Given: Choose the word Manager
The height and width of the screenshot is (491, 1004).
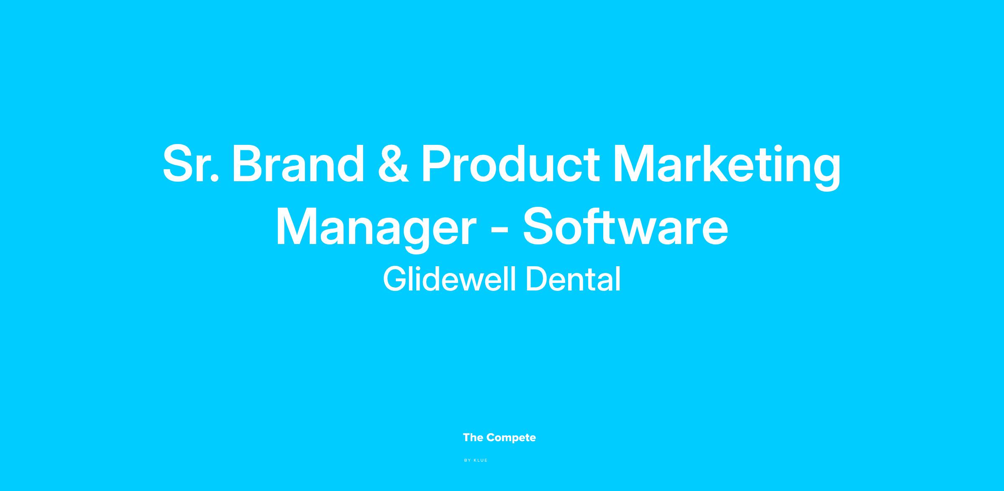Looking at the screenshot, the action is [376, 231].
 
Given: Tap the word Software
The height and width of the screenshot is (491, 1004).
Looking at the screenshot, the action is [625, 226].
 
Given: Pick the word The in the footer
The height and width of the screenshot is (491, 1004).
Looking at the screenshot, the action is [473, 437].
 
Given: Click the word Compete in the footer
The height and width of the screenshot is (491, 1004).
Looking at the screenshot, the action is [511, 438].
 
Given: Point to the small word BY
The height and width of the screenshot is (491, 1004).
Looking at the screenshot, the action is [468, 460].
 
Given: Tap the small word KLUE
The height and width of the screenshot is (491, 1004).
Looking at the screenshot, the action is [481, 460].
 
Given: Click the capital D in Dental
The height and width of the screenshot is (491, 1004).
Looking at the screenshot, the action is [536, 279].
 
